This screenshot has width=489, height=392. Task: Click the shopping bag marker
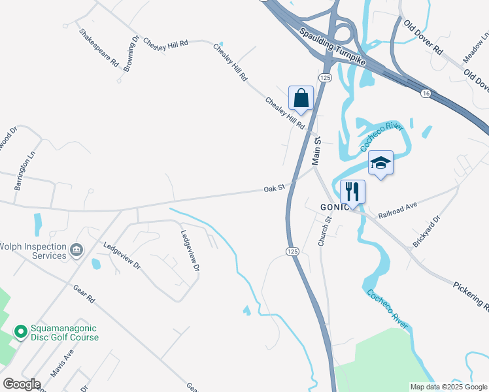coord(301,99)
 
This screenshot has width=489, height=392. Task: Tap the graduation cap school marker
coord(380,163)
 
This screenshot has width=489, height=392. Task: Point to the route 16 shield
coord(426,94)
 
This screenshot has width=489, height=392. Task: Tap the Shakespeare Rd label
coord(99,48)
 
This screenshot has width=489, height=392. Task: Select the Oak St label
coord(274,188)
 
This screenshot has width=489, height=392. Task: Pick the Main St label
coord(318,150)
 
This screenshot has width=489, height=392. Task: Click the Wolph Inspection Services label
coord(33,251)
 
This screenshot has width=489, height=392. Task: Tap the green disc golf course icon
coord(20,333)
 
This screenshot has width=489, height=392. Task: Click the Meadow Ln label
coord(476,50)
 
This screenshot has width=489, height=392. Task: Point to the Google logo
coord(22,384)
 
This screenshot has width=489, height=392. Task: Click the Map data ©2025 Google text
coord(448,387)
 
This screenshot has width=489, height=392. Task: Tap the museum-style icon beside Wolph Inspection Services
coord(76,250)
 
